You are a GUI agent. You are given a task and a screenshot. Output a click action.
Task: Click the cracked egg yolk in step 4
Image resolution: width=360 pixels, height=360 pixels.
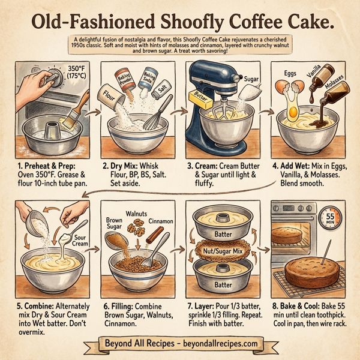click(x=294, y=110)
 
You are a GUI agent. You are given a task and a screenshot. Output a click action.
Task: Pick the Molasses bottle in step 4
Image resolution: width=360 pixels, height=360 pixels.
click(x=336, y=90)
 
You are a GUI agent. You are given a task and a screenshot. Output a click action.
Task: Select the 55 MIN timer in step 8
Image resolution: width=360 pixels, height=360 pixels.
click(x=328, y=218)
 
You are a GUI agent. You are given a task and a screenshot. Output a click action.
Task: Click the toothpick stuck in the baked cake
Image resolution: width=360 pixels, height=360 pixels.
click(x=329, y=252)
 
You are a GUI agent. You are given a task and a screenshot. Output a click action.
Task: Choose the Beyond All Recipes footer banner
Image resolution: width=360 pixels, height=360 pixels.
click(x=179, y=344)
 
